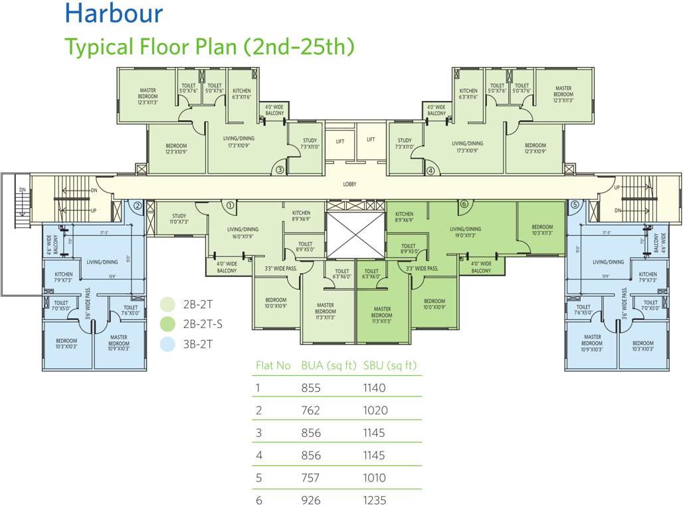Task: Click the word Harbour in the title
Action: point(114,13)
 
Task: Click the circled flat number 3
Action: point(280,170)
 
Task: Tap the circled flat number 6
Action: point(464,204)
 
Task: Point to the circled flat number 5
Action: point(575,205)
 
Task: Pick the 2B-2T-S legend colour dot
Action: point(169,324)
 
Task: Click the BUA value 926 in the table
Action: point(311,500)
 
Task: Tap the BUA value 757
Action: point(311,477)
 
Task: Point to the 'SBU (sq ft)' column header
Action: point(390,365)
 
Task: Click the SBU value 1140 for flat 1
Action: point(374,388)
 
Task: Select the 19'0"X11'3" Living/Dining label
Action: point(464,232)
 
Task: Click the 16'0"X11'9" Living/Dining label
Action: point(243,233)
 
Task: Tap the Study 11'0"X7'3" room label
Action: point(179,219)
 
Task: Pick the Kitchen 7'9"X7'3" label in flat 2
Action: point(64,278)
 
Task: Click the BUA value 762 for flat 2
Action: point(311,410)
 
